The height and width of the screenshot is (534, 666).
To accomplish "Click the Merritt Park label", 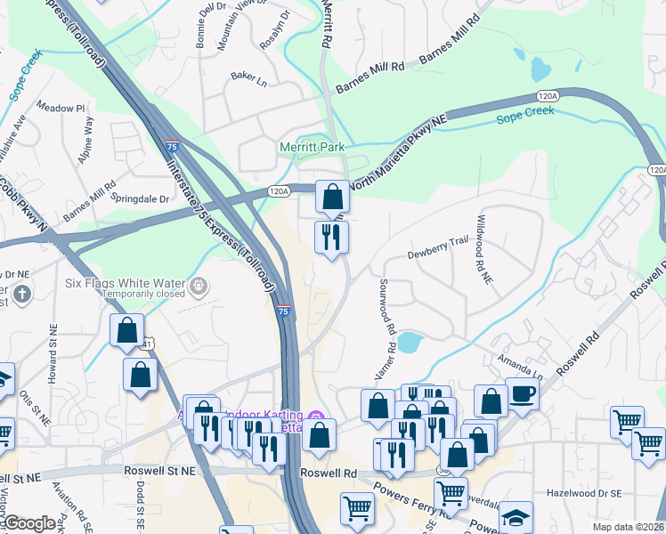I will pyautogui.click(x=312, y=147).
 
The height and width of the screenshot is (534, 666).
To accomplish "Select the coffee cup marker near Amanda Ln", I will pyautogui.click(x=522, y=394).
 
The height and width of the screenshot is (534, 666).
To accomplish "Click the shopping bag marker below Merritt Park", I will pyautogui.click(x=332, y=197).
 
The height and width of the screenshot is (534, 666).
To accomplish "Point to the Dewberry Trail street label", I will pyautogui.click(x=438, y=254).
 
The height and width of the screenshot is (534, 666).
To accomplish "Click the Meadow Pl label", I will pyautogui.click(x=60, y=109).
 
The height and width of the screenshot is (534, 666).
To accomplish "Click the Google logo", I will pyautogui.click(x=29, y=523).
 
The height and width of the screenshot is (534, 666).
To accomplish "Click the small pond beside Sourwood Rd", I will pyautogui.click(x=410, y=342).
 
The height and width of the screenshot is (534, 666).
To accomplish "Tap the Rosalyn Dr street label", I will pyautogui.click(x=273, y=20).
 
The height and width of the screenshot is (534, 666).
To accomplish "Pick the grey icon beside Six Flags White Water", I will pyautogui.click(x=200, y=286).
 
